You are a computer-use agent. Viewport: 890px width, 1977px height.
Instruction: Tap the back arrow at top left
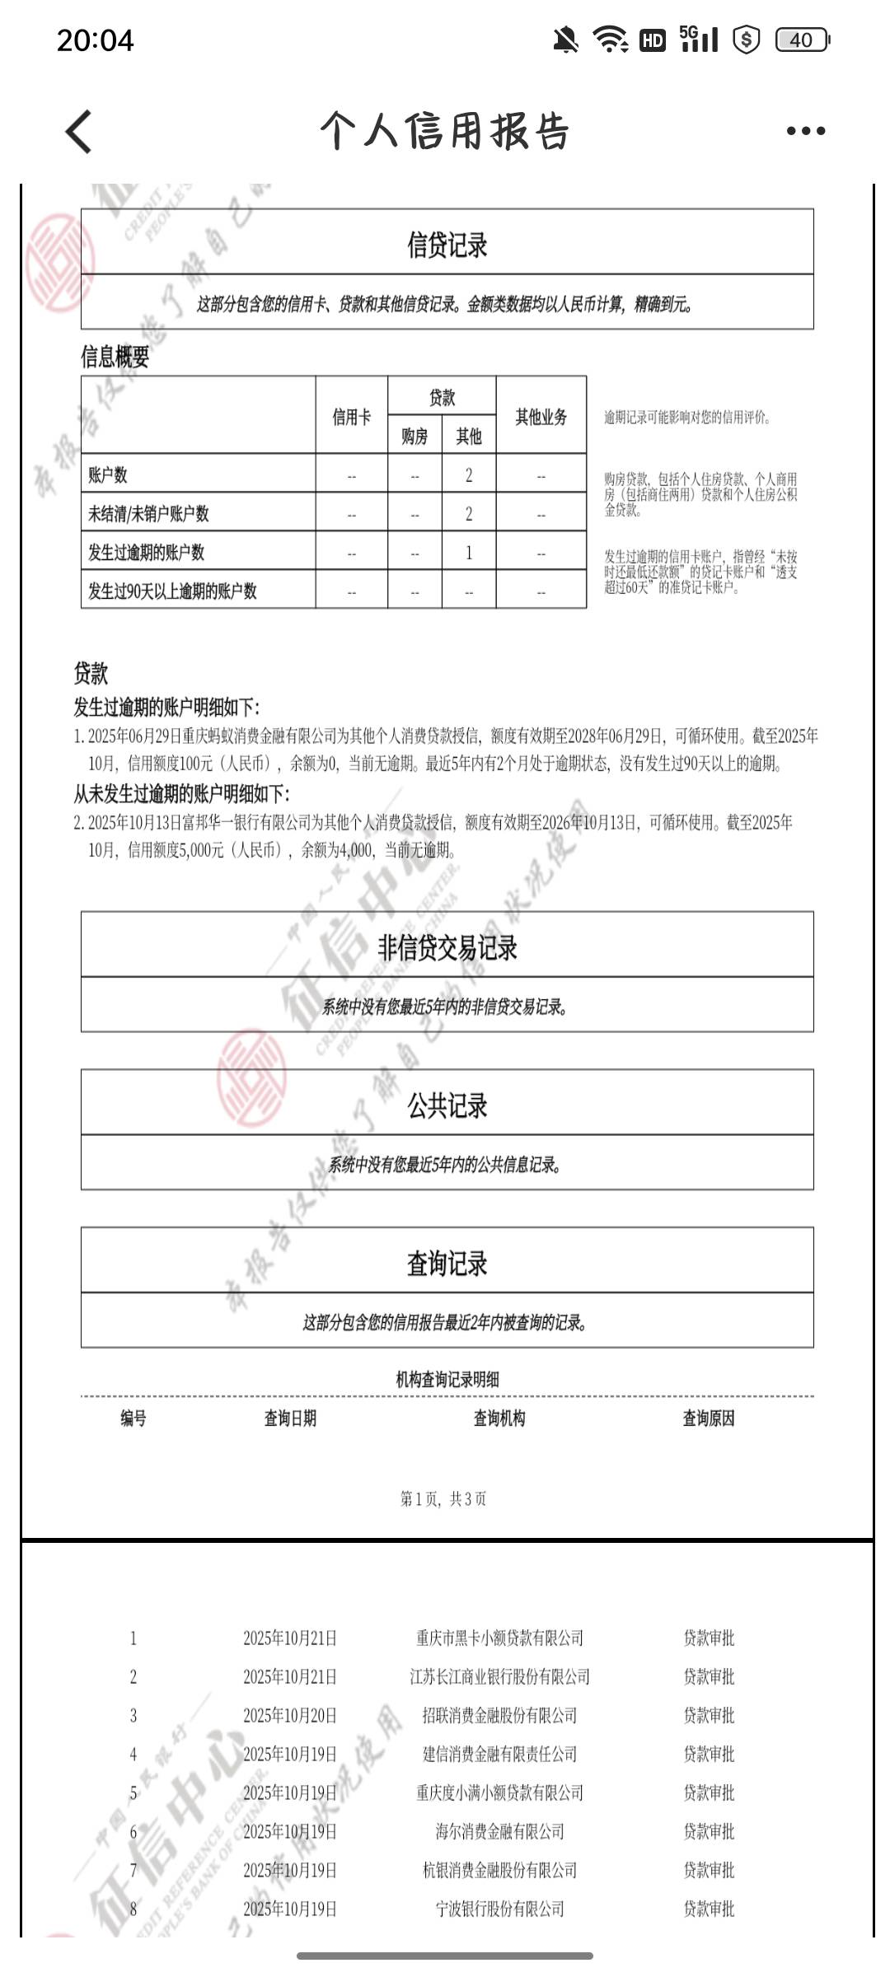(x=79, y=132)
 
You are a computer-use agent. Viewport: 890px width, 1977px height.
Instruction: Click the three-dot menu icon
(x=805, y=131)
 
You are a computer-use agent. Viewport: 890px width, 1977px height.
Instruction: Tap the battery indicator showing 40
(x=801, y=40)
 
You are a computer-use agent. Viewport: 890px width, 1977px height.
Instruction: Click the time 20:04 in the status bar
(x=95, y=40)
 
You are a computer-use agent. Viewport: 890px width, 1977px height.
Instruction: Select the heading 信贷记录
(x=447, y=245)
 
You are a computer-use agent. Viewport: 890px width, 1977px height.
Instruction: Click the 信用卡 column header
(x=351, y=417)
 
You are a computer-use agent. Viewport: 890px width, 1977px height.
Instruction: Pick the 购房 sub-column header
(x=415, y=436)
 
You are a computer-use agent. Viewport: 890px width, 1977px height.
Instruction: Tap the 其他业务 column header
(x=541, y=417)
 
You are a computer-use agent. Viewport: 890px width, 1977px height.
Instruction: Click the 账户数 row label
(x=108, y=474)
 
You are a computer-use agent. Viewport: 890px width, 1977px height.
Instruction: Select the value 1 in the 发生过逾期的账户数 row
(x=469, y=552)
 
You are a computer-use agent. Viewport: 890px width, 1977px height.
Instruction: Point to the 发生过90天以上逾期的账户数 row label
(x=172, y=591)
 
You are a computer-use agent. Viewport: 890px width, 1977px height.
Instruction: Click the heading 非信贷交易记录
(x=447, y=947)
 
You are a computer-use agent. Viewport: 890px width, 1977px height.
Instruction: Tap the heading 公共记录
(x=447, y=1105)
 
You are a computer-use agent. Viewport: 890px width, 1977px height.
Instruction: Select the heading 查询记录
(x=447, y=1263)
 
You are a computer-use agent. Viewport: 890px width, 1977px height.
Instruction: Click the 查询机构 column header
(x=499, y=1418)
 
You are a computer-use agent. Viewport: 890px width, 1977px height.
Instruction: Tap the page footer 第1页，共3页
(x=443, y=1498)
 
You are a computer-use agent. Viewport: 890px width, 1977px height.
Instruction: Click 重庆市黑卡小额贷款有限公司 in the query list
(x=499, y=1638)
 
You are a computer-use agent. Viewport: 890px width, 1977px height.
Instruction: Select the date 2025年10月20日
(x=290, y=1715)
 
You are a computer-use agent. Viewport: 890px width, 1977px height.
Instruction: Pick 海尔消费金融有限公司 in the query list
(x=499, y=1831)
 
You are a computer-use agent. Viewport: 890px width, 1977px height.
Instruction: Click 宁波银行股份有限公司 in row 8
(x=499, y=1909)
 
